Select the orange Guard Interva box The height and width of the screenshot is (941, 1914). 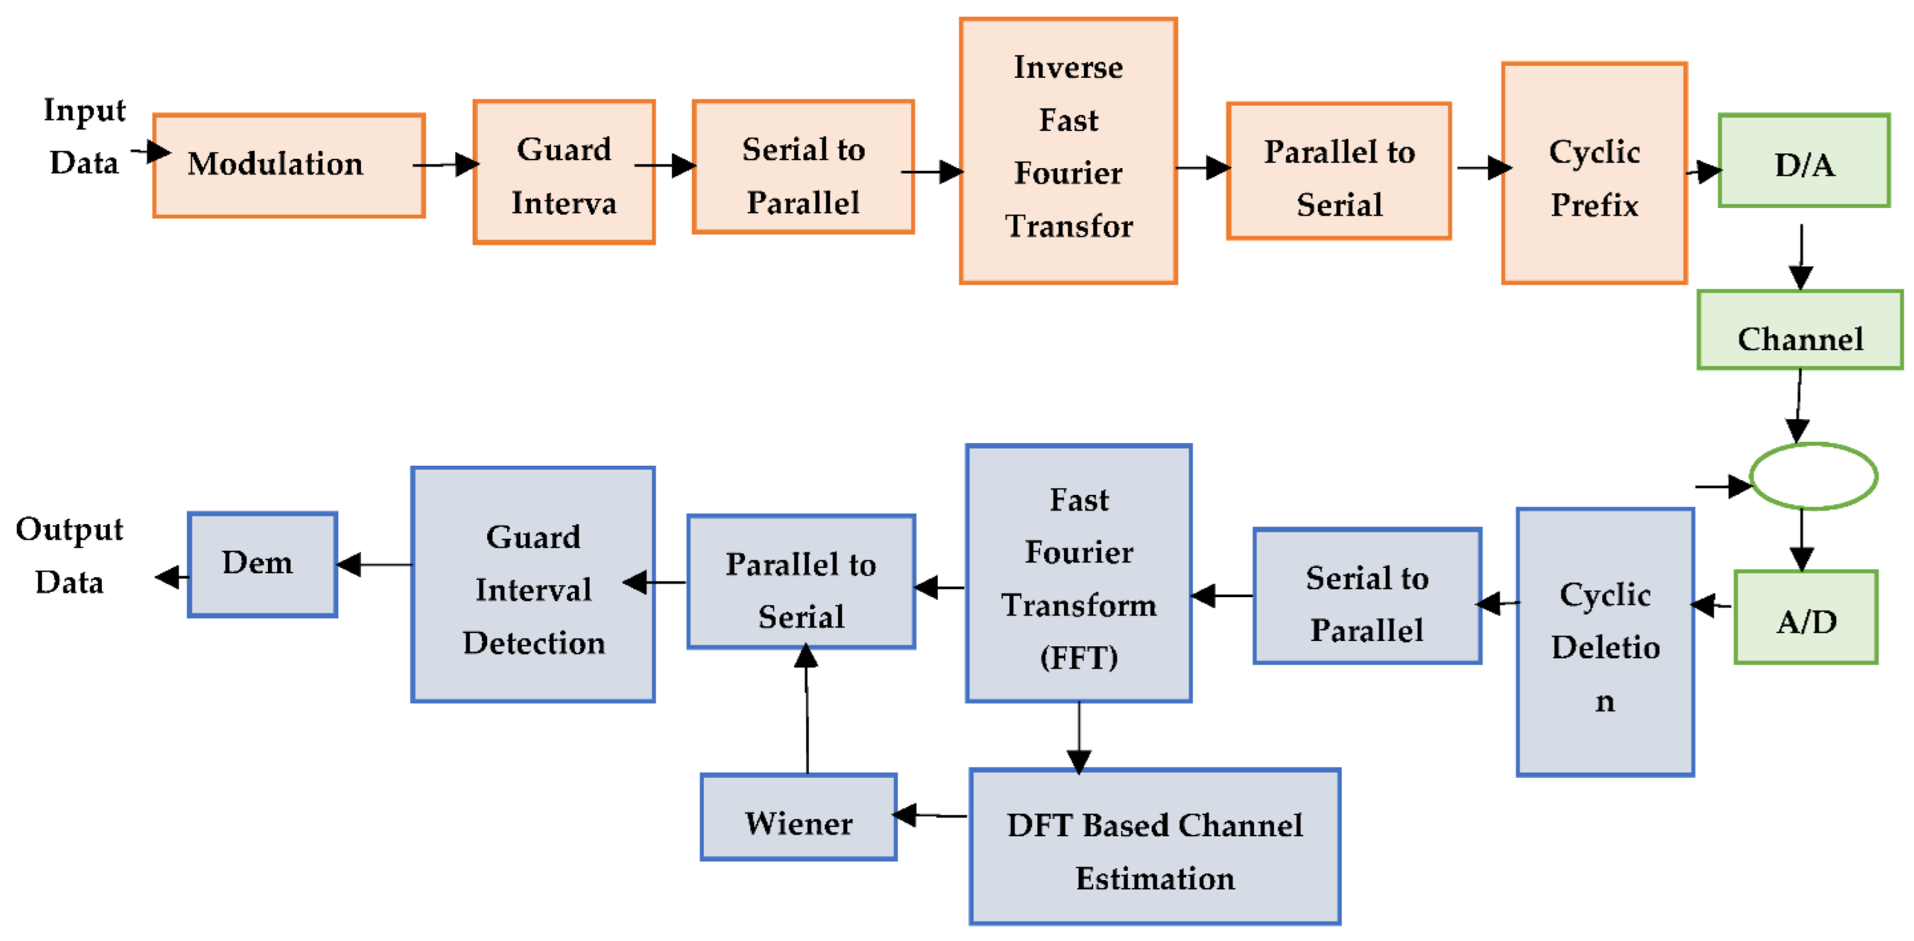[564, 172]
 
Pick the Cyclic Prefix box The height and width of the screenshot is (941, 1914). [1594, 173]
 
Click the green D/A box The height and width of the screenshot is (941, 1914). [1803, 161]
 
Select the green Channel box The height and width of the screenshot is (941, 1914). [1800, 330]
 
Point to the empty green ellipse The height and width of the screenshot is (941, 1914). [1813, 476]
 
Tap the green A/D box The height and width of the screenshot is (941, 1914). [1806, 617]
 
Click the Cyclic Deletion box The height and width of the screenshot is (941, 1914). [1605, 642]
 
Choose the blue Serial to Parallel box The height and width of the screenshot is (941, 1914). [1367, 596]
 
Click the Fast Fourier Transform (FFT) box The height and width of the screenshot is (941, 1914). [1079, 573]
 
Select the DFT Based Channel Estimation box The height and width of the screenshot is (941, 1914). [1155, 847]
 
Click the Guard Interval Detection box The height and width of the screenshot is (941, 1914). [533, 584]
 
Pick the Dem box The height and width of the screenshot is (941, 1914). [262, 564]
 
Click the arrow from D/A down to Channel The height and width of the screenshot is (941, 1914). [1801, 256]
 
